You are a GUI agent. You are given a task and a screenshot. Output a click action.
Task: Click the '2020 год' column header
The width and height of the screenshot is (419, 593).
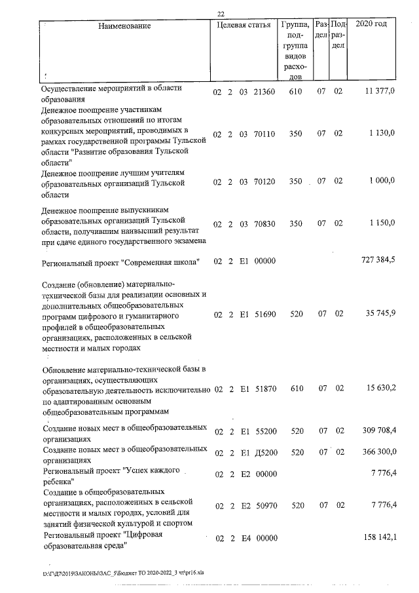click(371, 24)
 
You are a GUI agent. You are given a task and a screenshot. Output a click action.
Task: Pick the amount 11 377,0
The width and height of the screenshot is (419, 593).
click(379, 92)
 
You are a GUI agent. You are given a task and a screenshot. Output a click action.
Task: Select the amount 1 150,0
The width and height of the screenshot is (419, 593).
click(382, 223)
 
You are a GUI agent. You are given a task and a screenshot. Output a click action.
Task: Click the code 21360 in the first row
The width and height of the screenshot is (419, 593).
click(264, 92)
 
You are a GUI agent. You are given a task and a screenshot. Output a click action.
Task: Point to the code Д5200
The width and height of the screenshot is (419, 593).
click(265, 452)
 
